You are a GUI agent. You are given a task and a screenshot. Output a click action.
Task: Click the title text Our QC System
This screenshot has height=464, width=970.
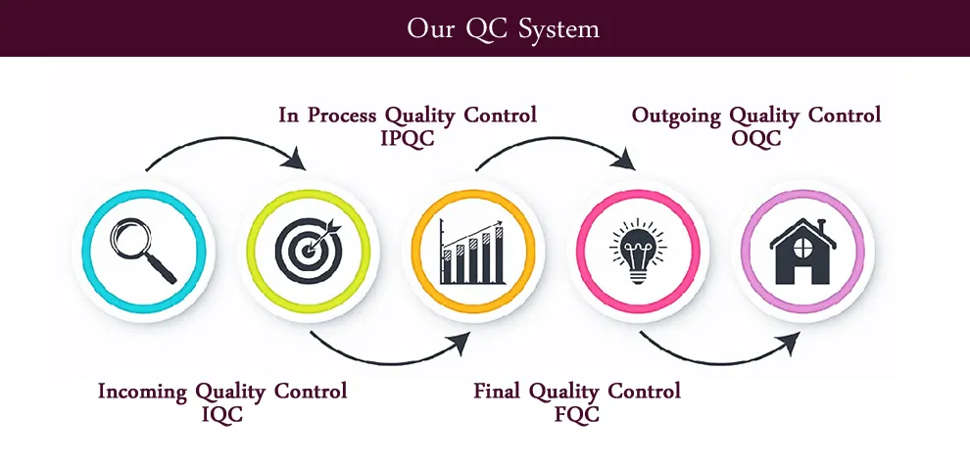coord(503,28)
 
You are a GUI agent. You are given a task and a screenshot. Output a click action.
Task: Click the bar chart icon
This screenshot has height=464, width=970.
coord(472,252)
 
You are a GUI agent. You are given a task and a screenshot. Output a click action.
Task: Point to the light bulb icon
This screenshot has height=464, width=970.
coord(637,251)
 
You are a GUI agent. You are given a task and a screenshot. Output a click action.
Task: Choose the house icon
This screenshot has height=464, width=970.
coord(801,251)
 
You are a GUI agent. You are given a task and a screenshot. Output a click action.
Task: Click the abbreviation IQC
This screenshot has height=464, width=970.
coord(221,414)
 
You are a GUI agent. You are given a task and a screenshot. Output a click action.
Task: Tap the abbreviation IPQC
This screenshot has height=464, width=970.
coord(407,138)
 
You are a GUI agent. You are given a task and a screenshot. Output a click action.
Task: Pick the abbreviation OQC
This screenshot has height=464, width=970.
coord(755,138)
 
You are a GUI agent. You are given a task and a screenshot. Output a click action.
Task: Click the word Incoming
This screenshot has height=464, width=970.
coord(143,392)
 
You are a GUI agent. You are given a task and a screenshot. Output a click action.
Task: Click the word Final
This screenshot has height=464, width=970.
coord(498,392)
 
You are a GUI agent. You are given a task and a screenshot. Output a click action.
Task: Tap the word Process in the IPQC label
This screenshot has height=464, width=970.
coord(342,115)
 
